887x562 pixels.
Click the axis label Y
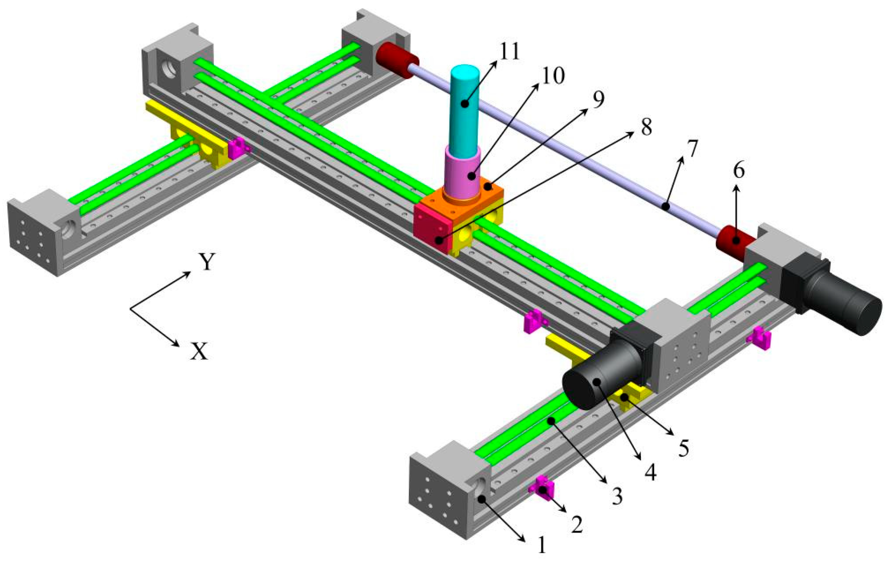coord(207,263)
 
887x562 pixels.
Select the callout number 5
coord(683,448)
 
